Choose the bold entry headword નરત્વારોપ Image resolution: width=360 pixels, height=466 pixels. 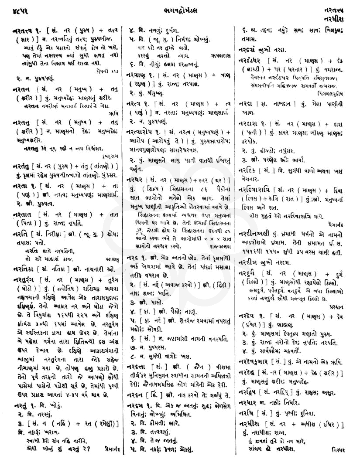click(x=141, y=131)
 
